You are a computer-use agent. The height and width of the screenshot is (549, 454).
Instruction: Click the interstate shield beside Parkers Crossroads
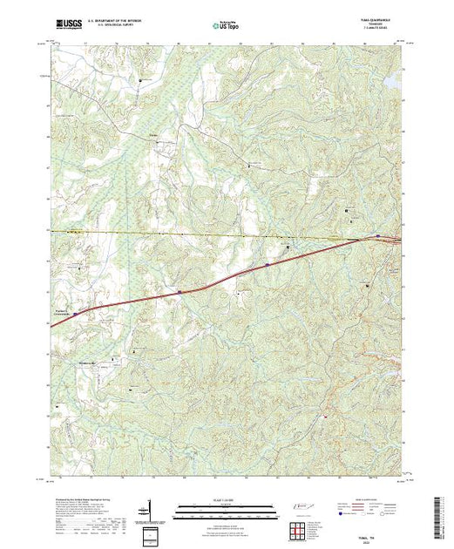pyautogui.click(x=76, y=313)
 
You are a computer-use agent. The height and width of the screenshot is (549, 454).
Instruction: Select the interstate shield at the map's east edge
pyautogui.click(x=376, y=236)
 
